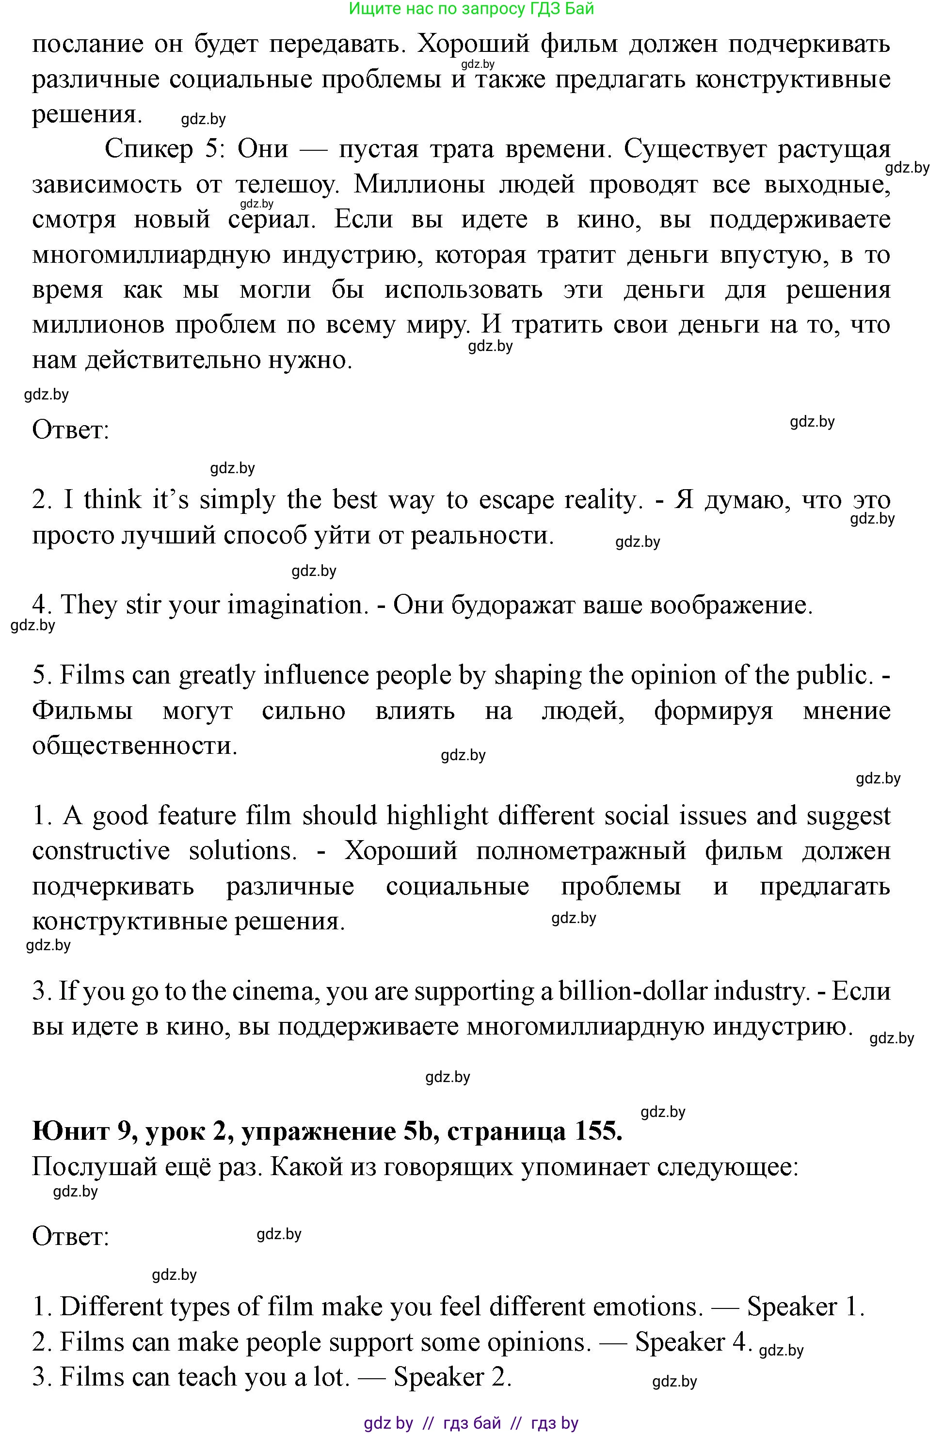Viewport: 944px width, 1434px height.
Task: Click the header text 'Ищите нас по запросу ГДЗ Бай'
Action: coord(471,8)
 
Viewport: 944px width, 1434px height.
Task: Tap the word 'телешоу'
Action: coord(284,184)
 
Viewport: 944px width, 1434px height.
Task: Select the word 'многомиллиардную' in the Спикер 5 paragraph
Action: coord(151,255)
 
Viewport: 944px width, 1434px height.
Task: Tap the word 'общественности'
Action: coord(134,746)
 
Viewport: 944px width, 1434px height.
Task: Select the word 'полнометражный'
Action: coord(581,851)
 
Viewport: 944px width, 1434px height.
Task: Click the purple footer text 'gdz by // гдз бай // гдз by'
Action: coord(471,1423)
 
